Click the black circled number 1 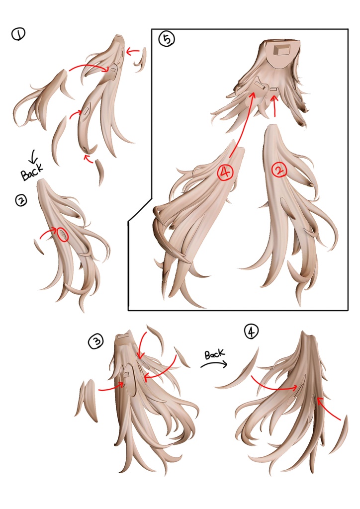[x=18, y=34]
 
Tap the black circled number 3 [x=96, y=341]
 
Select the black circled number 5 [x=167, y=39]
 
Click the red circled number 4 [x=225, y=172]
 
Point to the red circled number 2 [x=279, y=170]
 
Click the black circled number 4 [x=251, y=332]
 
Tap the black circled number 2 [x=21, y=200]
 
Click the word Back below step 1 [x=31, y=171]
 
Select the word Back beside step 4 [x=215, y=354]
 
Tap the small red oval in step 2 [x=63, y=235]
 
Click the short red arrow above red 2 [x=274, y=106]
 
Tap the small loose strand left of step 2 [x=39, y=247]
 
